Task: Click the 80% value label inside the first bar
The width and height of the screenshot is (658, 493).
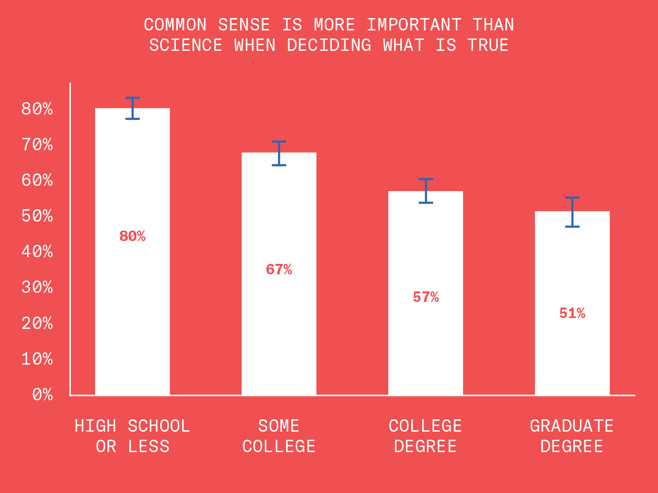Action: click(132, 236)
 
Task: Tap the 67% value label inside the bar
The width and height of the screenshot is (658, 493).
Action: click(279, 270)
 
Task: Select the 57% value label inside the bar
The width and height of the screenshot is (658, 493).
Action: click(426, 297)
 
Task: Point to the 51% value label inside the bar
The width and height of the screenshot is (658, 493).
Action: click(572, 313)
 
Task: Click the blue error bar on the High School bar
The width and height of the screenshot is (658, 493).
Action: click(133, 108)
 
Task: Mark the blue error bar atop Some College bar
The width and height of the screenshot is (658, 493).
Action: click(279, 153)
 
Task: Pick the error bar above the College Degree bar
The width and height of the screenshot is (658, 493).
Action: click(426, 191)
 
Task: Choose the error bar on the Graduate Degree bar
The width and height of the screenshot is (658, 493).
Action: click(572, 212)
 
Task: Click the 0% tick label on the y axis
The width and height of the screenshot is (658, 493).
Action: click(42, 395)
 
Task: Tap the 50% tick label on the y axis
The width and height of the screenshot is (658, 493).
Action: click(37, 216)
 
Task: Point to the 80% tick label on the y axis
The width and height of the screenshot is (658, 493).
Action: click(37, 109)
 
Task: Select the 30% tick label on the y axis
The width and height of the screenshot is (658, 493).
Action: click(37, 287)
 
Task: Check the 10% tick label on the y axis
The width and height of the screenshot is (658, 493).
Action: click(37, 359)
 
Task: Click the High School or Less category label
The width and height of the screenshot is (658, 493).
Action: click(132, 436)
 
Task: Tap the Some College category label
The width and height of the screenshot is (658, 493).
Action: click(279, 436)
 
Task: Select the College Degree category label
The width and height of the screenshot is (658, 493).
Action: click(425, 436)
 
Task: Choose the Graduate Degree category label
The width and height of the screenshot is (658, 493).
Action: click(571, 436)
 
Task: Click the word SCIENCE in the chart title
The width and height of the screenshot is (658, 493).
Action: click(185, 45)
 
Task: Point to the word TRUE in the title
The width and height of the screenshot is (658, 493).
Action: click(488, 45)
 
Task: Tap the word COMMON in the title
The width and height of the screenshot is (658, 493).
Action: click(175, 25)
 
